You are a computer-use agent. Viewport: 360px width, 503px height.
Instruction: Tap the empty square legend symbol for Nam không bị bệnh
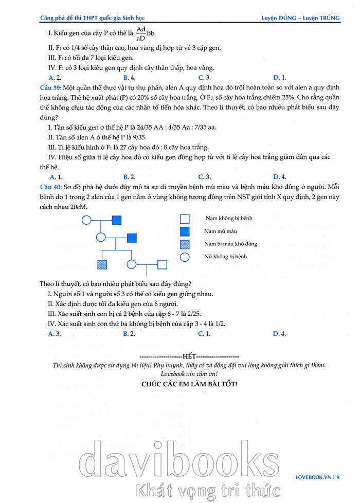pos(185,219)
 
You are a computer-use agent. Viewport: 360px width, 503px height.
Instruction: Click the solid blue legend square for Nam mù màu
pos(185,231)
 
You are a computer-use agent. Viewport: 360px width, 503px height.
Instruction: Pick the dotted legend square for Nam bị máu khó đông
pos(185,244)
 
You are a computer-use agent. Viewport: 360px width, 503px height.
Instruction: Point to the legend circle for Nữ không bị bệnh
pos(185,256)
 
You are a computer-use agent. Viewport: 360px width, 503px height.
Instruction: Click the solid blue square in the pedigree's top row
pos(117,220)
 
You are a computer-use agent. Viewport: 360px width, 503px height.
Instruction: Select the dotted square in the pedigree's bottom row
pos(102,265)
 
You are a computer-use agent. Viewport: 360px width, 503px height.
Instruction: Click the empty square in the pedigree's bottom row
pos(162,265)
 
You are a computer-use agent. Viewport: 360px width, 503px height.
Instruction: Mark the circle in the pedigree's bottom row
pos(132,265)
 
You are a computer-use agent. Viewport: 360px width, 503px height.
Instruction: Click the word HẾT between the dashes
pos(189,356)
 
